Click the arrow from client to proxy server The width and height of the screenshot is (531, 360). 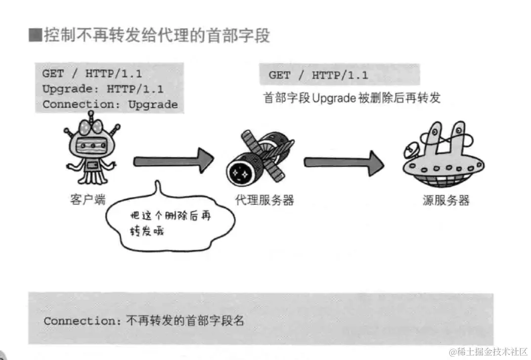pyautogui.click(x=173, y=160)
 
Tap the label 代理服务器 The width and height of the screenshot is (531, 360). pyautogui.click(x=265, y=200)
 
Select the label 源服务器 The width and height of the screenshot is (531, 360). pyautogui.click(x=446, y=200)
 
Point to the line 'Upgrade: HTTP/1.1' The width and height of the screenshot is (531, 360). pyautogui.click(x=103, y=89)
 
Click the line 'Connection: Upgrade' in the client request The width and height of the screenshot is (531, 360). pyautogui.click(x=110, y=104)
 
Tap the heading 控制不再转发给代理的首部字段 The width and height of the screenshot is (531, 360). pyautogui.click(x=157, y=36)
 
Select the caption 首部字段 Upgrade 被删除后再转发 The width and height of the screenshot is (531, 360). pyautogui.click(x=352, y=98)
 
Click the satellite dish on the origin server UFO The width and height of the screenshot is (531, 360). pyautogui.click(x=411, y=148)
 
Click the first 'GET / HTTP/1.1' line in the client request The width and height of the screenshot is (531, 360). pyautogui.click(x=92, y=74)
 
